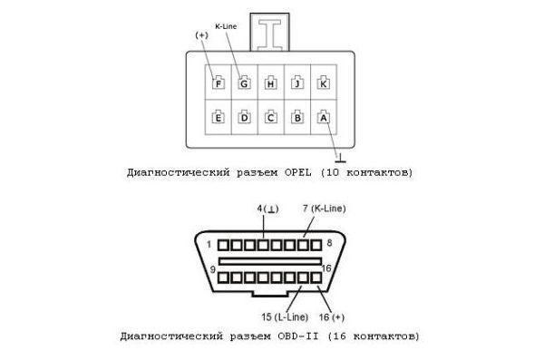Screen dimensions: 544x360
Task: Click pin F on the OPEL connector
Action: pos(218,83)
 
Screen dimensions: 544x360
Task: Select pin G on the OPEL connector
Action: pos(244,83)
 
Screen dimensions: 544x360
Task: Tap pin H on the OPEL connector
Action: pos(270,83)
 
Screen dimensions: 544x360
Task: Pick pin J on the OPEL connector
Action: pos(296,83)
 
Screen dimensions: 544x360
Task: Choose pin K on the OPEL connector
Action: pos(323,83)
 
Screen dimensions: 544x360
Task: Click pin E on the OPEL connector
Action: pos(218,116)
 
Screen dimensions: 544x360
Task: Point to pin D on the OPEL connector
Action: pos(244,116)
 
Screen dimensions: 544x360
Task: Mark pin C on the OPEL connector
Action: pos(270,116)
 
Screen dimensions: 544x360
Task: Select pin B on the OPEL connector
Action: pos(296,116)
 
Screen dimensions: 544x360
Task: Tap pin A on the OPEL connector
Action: pos(323,116)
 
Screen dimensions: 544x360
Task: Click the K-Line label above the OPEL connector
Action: pos(227,28)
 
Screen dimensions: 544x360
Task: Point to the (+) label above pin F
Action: pos(201,34)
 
